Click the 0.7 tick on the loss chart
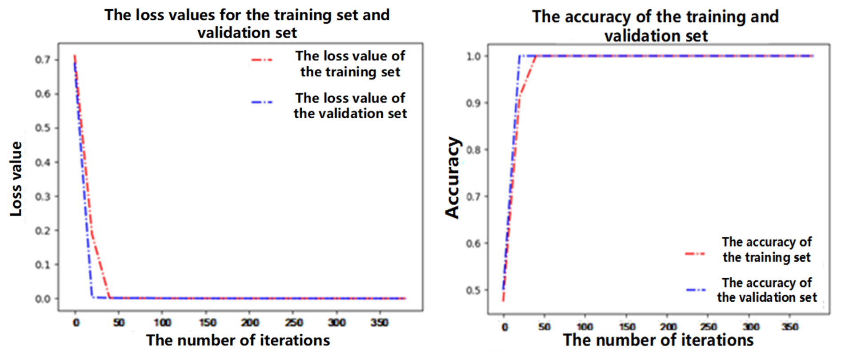coord(43,60)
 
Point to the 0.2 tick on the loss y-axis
coord(43,231)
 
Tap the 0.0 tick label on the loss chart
coord(43,299)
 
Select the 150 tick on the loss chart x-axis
coord(208,322)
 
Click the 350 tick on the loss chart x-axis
coord(379,322)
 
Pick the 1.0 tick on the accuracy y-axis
coord(473,56)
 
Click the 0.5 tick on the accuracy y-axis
coord(473,290)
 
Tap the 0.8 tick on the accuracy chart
coord(473,150)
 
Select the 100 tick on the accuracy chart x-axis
coord(585,327)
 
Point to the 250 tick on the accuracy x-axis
coord(708,327)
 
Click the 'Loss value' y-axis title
coord(16,179)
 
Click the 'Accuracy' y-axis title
coord(453,178)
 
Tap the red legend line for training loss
coord(262,60)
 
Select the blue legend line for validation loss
coord(262,102)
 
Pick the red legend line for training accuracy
coord(695,254)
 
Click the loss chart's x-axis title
coord(238,340)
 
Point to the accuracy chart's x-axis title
coord(658,340)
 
